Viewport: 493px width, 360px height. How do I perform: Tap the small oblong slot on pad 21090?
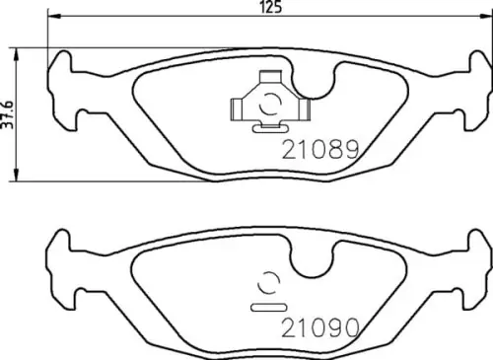(267, 307)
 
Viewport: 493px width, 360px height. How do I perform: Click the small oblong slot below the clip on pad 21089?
(265, 126)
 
